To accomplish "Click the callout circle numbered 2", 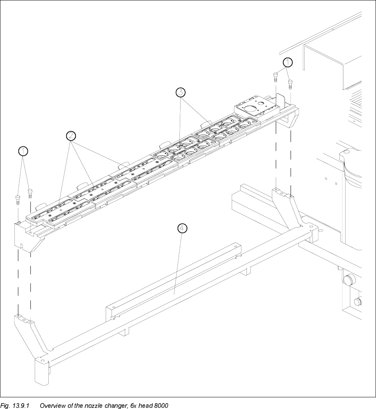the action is click(x=71, y=136).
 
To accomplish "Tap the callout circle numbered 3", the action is click(x=180, y=92).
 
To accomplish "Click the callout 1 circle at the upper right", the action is click(x=287, y=62).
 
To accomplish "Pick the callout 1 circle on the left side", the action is click(x=24, y=151).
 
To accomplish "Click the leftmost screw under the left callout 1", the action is click(x=18, y=200).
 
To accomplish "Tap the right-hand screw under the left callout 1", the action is click(x=30, y=193).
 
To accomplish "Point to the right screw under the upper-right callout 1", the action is click(x=290, y=83).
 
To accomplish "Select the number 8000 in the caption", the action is click(x=161, y=405).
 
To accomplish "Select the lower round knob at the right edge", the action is click(x=358, y=302).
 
